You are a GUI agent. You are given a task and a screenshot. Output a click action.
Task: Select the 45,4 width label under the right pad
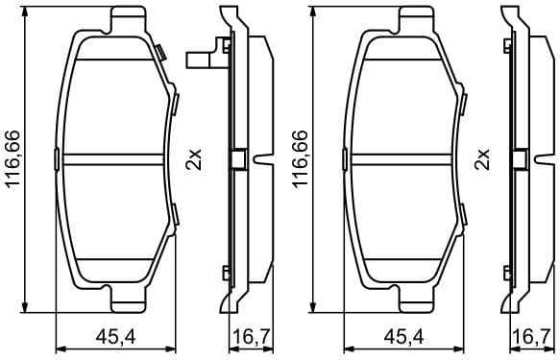click(x=404, y=336)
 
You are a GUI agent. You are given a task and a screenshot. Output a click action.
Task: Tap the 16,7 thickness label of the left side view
click(x=248, y=336)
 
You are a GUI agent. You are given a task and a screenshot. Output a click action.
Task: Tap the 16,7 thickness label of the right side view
click(x=534, y=336)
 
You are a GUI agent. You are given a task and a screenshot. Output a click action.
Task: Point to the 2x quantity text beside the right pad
click(x=483, y=158)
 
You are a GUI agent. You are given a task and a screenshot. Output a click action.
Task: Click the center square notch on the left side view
click(x=237, y=158)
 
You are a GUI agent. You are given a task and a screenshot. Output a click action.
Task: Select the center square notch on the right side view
click(x=523, y=158)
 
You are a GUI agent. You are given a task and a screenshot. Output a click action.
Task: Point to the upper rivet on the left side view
click(x=225, y=44)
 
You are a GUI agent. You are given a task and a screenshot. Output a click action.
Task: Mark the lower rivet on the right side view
click(x=512, y=273)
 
